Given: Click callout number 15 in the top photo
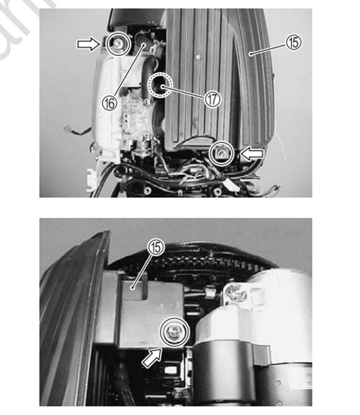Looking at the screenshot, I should pyautogui.click(x=293, y=42).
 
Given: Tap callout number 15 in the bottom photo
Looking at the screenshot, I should pyautogui.click(x=155, y=246).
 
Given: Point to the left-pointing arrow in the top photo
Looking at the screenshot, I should pyautogui.click(x=251, y=155).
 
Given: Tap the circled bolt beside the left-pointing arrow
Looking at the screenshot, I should pyautogui.click(x=223, y=154).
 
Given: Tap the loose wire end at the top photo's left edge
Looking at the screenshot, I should pyautogui.click(x=67, y=127).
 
